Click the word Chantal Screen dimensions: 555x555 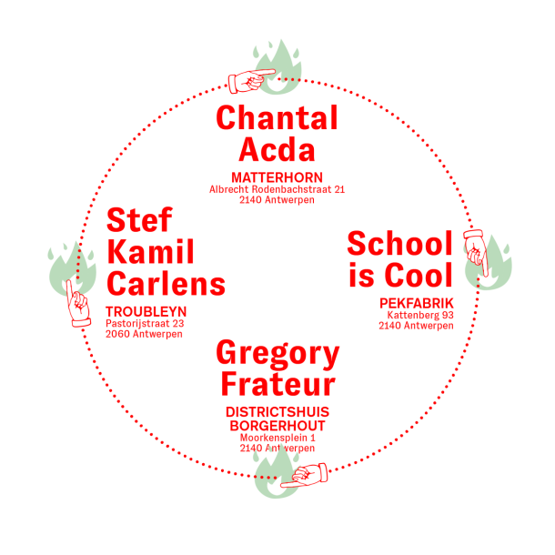[x=277, y=119]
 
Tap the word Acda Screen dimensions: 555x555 [x=277, y=149]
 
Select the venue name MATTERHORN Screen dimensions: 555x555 [x=277, y=177]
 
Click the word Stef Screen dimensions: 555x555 [x=139, y=221]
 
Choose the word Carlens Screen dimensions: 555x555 [x=166, y=283]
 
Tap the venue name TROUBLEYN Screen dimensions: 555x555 [x=146, y=311]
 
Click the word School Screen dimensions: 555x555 [x=399, y=244]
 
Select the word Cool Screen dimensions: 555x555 [x=419, y=274]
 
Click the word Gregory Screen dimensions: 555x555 [x=277, y=353]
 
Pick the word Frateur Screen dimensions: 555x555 [x=277, y=384]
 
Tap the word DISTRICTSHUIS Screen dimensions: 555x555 [x=277, y=413]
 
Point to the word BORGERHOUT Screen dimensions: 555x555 [x=277, y=425]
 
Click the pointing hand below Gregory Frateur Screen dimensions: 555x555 [x=303, y=475]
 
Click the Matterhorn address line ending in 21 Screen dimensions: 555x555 [x=277, y=189]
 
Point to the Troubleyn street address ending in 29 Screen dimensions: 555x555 [x=146, y=323]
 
